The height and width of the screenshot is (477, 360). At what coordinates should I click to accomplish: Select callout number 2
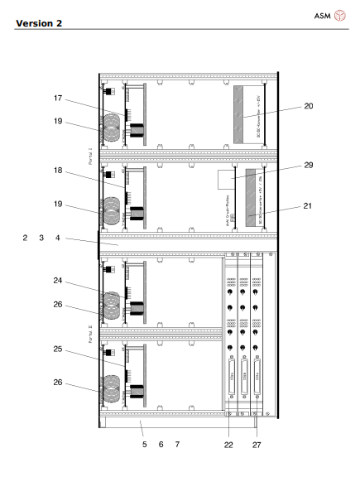click(x=26, y=238)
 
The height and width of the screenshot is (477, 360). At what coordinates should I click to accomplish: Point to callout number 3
click(x=42, y=238)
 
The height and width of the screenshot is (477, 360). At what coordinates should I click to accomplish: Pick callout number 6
click(x=161, y=445)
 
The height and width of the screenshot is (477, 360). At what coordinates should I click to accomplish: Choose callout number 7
click(x=177, y=445)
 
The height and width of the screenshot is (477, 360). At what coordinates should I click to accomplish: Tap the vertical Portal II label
click(x=91, y=337)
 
